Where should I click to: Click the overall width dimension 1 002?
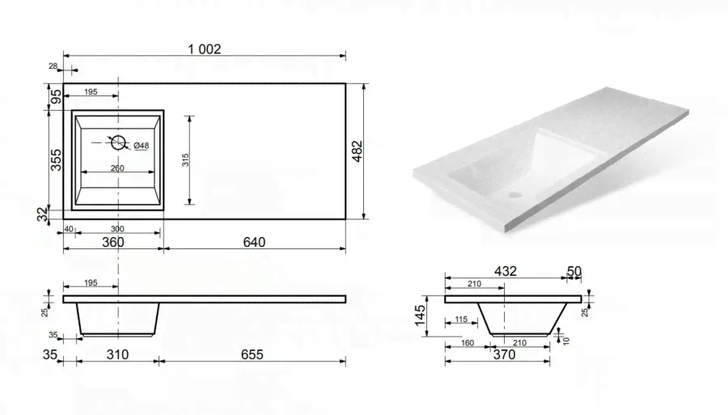(x=205, y=49)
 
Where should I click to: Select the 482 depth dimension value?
(x=358, y=151)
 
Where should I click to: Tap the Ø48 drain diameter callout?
(x=141, y=146)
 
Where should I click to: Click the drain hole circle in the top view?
(x=118, y=142)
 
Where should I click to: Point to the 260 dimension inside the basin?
(x=117, y=168)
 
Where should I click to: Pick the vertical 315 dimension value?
(x=186, y=160)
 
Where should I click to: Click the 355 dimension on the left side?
(x=56, y=159)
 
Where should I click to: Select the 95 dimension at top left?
(x=56, y=96)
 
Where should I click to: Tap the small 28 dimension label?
(x=53, y=66)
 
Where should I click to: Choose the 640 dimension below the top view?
(x=255, y=242)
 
